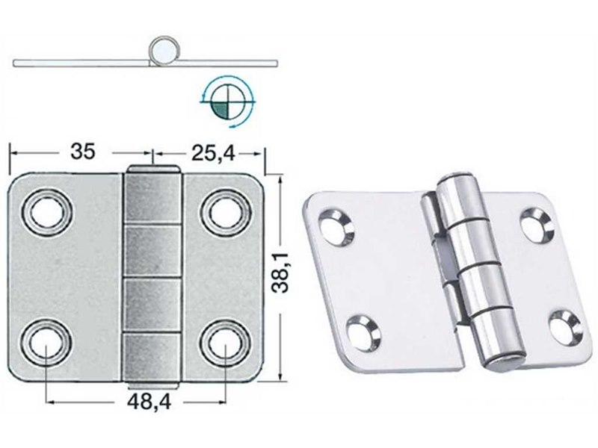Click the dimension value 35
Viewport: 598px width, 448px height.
(83, 152)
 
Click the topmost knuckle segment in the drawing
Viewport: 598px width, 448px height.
(152, 196)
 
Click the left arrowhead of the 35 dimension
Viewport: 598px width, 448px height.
(12, 152)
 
